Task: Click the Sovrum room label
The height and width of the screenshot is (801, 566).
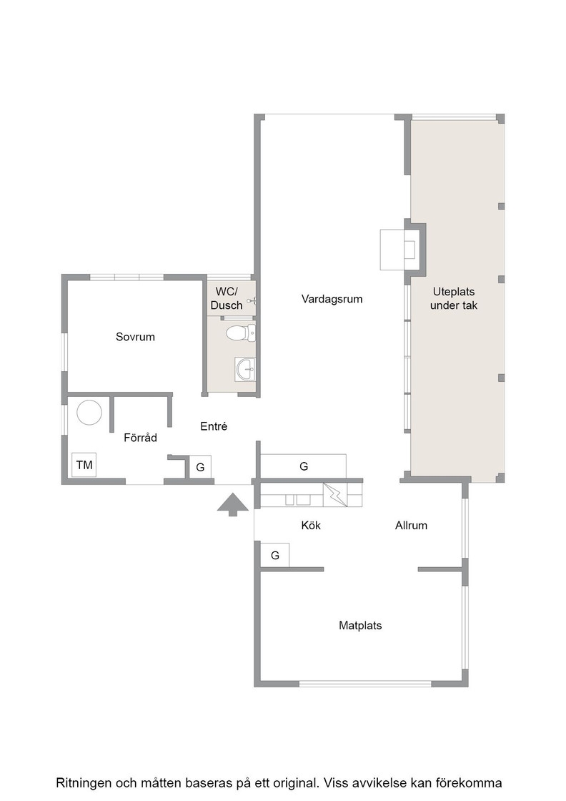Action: [x=135, y=337]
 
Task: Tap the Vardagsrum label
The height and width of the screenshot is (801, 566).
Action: [x=332, y=299]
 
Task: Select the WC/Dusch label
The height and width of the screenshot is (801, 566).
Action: [x=227, y=298]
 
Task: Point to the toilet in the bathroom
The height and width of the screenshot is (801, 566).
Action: [x=240, y=333]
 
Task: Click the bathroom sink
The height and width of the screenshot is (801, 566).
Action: [x=246, y=369]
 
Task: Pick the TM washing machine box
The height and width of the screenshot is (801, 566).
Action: [x=84, y=465]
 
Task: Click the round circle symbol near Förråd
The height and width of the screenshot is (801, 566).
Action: [x=89, y=412]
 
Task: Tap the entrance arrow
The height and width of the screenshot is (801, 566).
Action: [x=233, y=504]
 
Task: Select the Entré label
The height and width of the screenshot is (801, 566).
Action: [x=214, y=426]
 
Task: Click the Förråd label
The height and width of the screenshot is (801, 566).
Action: [x=140, y=437]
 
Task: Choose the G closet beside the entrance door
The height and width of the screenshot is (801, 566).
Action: [x=200, y=467]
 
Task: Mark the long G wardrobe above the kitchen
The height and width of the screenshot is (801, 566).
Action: [x=304, y=466]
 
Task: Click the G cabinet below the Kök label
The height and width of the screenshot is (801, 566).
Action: [x=275, y=555]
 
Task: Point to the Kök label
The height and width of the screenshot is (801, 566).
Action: [x=311, y=525]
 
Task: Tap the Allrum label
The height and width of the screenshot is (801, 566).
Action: [x=411, y=525]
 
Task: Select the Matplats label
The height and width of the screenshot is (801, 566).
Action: [x=360, y=625]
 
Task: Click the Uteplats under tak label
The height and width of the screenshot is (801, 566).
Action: [x=454, y=298]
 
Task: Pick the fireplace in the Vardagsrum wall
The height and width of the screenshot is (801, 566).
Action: [x=402, y=250]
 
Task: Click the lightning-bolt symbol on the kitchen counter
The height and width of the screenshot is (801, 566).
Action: [x=334, y=494]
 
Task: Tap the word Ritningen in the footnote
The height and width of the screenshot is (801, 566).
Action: [x=82, y=783]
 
